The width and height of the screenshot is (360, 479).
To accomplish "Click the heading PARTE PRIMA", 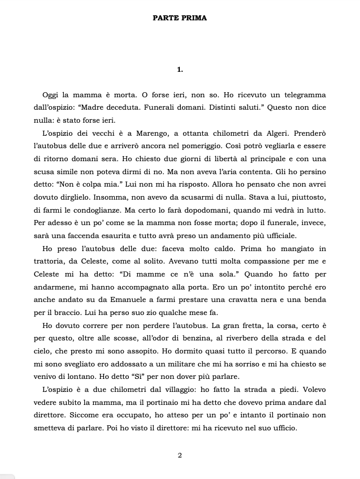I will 180,18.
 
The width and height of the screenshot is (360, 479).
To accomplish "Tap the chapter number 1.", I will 180,70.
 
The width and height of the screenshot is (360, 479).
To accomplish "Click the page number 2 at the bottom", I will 180,455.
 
